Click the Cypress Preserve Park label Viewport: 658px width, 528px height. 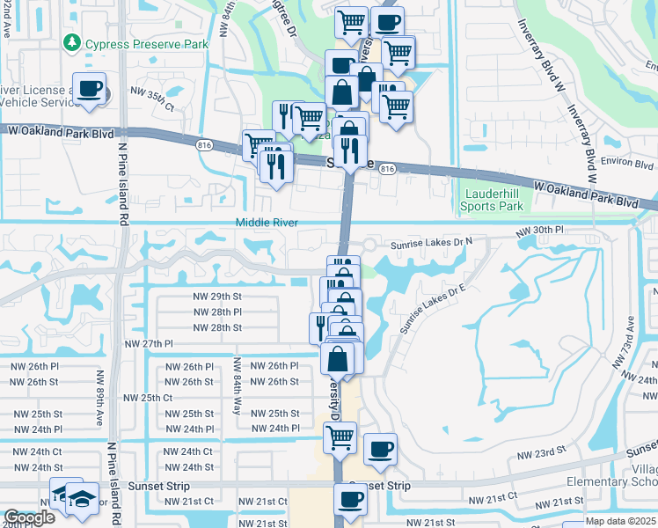click(147, 43)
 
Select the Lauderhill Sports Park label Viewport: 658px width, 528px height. click(491, 200)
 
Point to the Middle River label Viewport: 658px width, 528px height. click(267, 223)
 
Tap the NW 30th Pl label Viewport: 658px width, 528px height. click(538, 230)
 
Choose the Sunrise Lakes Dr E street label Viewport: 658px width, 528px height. click(431, 310)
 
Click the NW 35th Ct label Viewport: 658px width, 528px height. click(152, 92)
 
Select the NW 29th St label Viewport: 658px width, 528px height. click(217, 297)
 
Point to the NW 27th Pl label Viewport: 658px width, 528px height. click(150, 344)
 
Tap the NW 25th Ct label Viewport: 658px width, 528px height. click(147, 398)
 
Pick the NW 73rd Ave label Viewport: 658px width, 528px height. click(630, 336)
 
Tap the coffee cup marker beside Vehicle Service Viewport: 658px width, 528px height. click(90, 88)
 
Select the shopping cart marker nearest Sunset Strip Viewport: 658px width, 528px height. click(340, 436)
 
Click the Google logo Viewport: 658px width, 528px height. click(29, 518)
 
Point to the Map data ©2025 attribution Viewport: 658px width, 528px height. click(620, 521)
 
